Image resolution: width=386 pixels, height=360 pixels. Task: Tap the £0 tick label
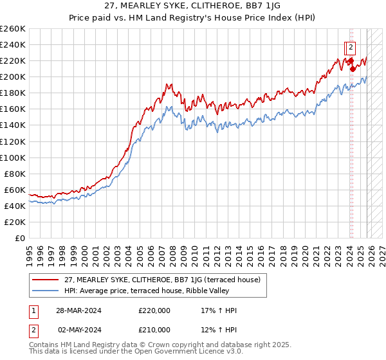[19, 238]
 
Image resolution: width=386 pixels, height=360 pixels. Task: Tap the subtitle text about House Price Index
[192, 17]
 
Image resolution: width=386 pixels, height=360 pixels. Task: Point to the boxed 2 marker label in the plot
[351, 47]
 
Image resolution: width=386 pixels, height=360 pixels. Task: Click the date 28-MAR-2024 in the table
[79, 310]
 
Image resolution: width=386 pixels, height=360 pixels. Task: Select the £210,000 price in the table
[154, 330]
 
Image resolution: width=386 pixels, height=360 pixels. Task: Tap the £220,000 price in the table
[154, 310]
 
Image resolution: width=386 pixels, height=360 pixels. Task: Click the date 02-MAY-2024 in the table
[79, 330]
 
